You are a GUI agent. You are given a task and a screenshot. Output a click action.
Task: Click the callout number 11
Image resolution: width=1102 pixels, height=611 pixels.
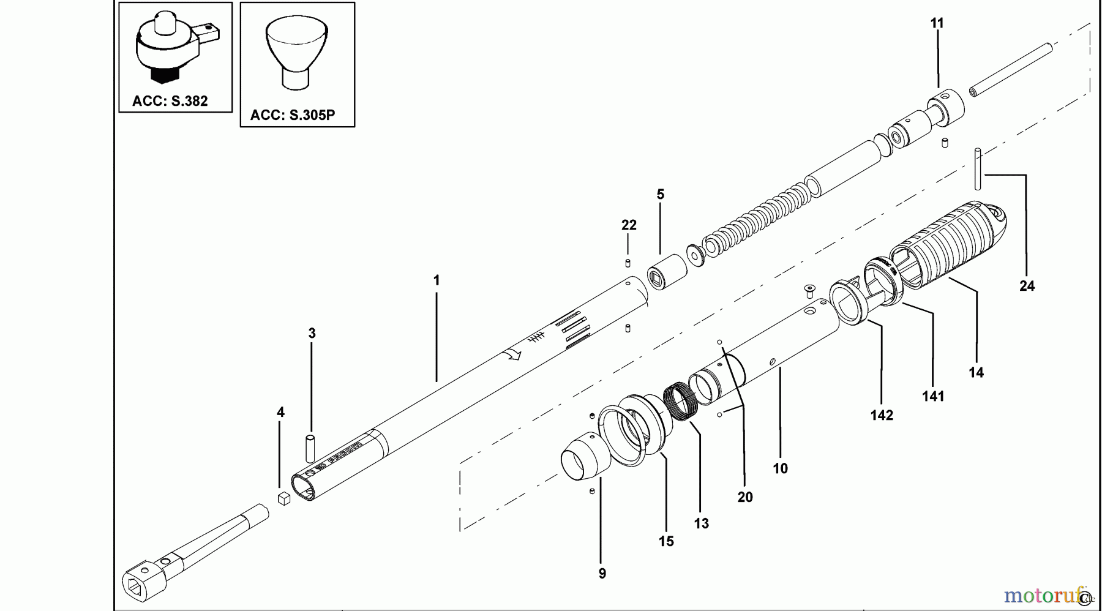(x=937, y=23)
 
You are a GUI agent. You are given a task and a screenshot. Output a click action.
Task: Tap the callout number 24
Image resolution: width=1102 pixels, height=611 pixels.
(x=1027, y=286)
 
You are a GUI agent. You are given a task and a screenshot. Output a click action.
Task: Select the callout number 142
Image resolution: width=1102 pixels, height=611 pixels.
(x=882, y=415)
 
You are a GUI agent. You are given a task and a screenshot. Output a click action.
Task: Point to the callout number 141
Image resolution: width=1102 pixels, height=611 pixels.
(x=933, y=396)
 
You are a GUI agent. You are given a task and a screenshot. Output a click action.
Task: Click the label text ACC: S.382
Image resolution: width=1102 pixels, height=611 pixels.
(x=170, y=101)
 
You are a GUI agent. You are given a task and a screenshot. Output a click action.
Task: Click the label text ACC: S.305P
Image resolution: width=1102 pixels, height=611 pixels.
(x=293, y=115)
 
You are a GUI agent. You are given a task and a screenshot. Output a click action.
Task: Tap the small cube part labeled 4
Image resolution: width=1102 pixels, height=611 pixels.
(x=283, y=499)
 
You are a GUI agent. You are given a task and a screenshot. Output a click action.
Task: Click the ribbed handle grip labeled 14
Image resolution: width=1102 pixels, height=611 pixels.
(x=955, y=245)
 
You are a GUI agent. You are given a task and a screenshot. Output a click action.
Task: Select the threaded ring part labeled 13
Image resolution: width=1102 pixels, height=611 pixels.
(x=679, y=401)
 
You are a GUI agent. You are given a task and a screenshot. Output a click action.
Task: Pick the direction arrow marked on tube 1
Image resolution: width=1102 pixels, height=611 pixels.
(x=512, y=354)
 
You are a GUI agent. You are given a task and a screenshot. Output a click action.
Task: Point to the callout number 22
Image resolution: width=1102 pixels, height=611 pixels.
(x=629, y=225)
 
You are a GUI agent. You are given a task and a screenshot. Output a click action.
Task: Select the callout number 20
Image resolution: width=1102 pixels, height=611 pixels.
(x=744, y=497)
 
